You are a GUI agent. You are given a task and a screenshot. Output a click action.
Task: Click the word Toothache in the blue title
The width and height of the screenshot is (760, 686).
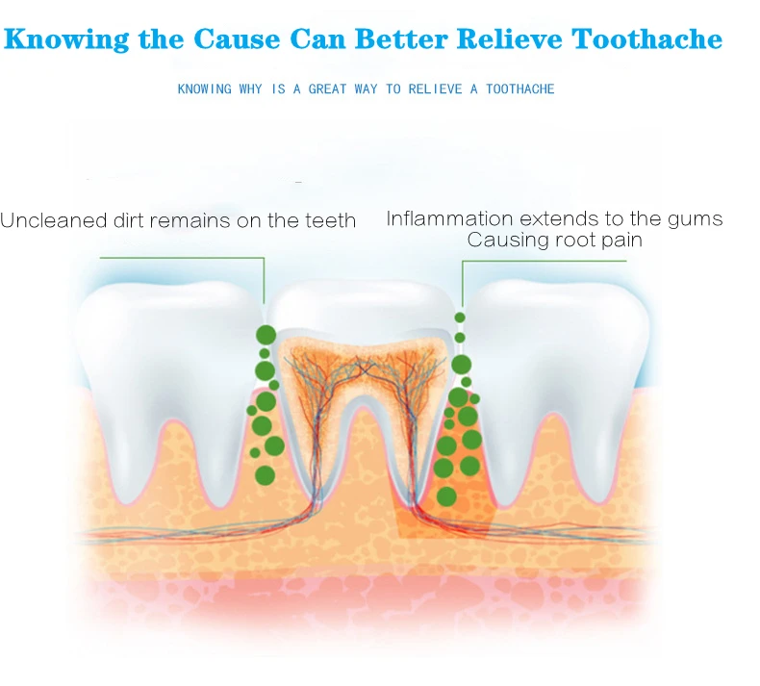[x=646, y=38]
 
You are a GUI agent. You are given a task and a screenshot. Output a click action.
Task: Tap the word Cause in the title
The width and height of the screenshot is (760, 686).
[x=237, y=38]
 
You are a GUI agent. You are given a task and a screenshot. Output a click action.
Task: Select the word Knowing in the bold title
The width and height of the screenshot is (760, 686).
[x=67, y=39]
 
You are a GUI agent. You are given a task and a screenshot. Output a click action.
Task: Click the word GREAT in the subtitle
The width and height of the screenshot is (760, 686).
[x=327, y=89]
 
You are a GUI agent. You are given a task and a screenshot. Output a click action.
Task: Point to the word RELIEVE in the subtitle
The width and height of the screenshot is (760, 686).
[x=435, y=89]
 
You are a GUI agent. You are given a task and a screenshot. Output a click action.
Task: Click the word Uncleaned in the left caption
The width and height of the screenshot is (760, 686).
[x=54, y=220]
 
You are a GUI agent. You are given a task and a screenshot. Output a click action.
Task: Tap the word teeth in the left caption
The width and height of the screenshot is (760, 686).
[x=331, y=220]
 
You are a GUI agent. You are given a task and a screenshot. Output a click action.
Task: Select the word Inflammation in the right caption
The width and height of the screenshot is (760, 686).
[x=449, y=218]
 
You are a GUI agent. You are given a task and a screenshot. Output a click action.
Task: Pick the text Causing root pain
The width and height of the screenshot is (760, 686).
[x=555, y=240]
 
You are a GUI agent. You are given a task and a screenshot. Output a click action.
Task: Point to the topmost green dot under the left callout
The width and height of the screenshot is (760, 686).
[x=266, y=335]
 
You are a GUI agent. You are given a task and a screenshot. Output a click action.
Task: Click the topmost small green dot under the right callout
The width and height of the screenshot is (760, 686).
[x=460, y=318]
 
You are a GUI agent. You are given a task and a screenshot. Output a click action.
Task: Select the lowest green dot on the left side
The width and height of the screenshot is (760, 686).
[x=265, y=475]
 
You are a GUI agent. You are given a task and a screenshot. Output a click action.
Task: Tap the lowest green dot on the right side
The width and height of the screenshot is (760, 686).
[x=446, y=496]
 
